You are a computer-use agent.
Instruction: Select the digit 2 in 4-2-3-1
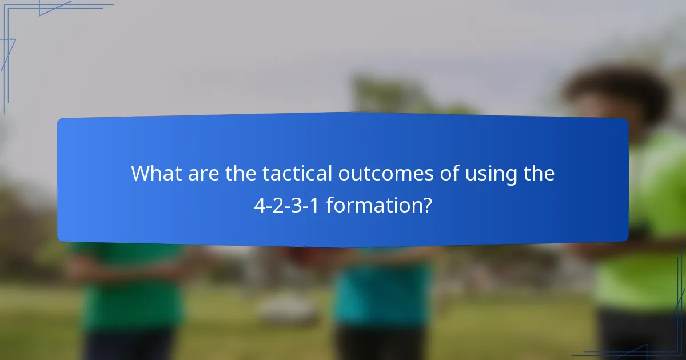(x=278, y=205)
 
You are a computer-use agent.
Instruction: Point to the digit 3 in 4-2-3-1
(x=297, y=205)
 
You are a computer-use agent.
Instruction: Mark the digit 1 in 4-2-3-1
(x=315, y=205)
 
